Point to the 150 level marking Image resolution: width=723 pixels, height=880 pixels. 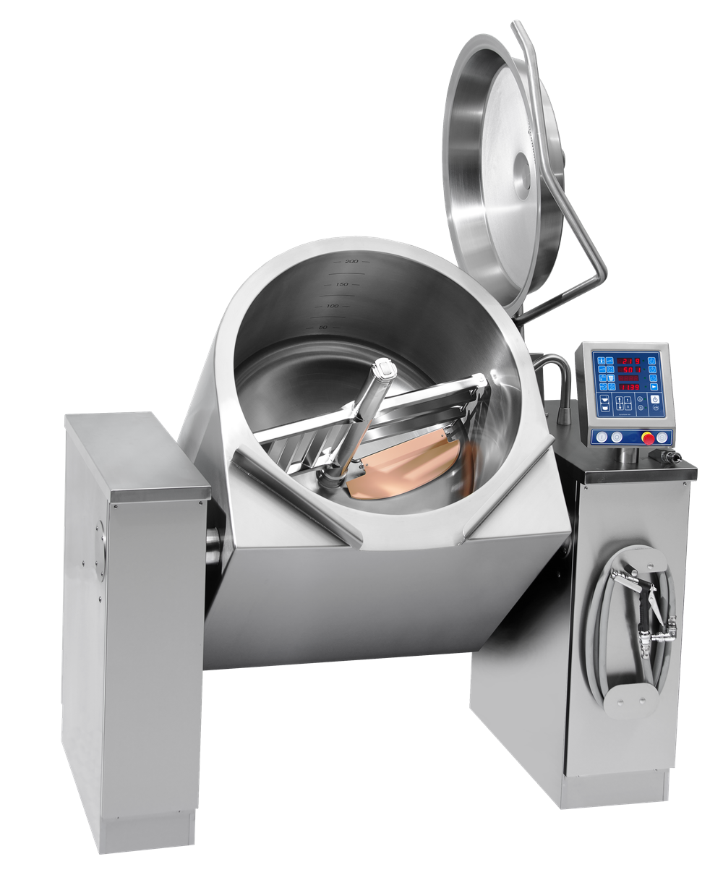pyautogui.click(x=341, y=284)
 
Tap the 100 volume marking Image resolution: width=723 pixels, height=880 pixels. pyautogui.click(x=333, y=307)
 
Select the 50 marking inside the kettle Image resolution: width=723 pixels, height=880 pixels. pyautogui.click(x=323, y=328)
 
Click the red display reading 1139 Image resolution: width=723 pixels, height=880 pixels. pyautogui.click(x=627, y=386)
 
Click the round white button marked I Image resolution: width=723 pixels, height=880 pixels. pyautogui.click(x=602, y=436)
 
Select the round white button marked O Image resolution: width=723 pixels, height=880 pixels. pyautogui.click(x=616, y=436)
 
